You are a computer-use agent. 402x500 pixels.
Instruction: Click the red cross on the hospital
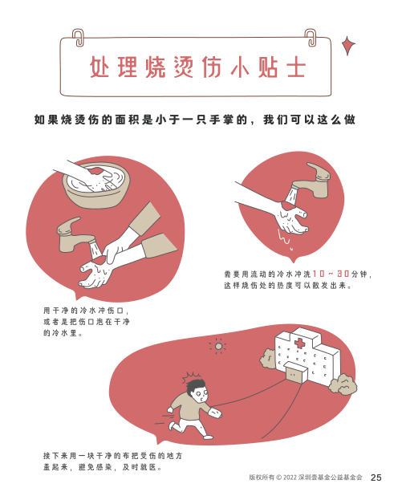299,343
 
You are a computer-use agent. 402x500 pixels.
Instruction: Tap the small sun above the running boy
218,346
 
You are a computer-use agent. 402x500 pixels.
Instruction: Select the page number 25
376,478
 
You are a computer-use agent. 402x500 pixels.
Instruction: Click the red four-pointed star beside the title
348,46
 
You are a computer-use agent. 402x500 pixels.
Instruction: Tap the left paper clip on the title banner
78,38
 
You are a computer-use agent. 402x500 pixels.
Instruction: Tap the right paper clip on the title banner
311,38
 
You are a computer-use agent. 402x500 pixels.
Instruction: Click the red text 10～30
331,274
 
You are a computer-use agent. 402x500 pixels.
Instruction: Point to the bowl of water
96,185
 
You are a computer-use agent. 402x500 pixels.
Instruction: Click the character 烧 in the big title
156,67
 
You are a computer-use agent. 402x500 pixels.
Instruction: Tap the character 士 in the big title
296,67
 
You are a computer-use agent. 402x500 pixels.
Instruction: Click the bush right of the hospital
343,384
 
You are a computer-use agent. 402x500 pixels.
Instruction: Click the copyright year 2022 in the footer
290,478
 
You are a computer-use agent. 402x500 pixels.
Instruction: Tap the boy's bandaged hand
215,413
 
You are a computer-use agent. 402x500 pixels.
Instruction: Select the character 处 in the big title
99,67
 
